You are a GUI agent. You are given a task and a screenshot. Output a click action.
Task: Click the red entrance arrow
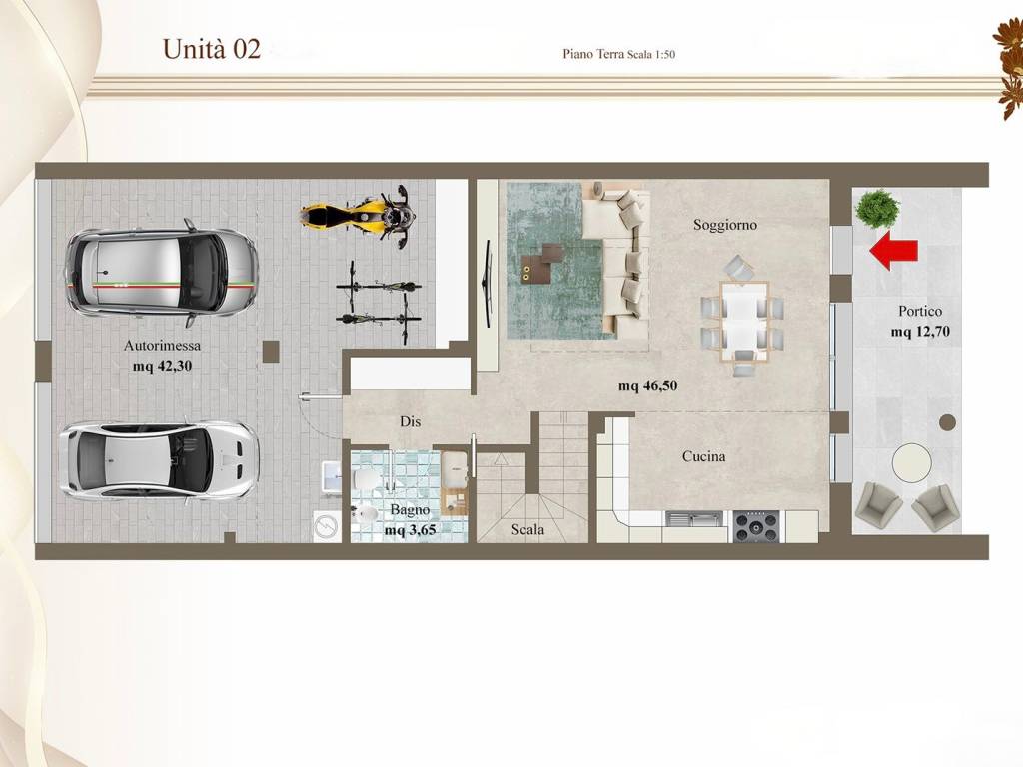point(893,251)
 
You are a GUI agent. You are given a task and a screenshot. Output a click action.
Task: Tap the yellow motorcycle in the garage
point(358,214)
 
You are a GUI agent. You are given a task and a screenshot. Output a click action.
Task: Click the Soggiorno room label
point(725,225)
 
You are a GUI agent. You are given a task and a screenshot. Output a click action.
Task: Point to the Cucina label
point(703,456)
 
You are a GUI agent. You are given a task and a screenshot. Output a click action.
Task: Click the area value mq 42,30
point(163,366)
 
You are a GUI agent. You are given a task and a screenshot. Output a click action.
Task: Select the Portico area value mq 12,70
point(920,332)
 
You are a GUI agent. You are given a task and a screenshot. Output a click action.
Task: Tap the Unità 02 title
point(212,49)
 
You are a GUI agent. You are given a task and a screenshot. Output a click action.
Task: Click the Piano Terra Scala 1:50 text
point(618,54)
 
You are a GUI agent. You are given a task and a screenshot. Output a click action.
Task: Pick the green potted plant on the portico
point(878,209)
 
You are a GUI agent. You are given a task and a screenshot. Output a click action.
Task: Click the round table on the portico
point(911,462)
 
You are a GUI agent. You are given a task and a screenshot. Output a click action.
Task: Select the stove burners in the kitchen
point(756,527)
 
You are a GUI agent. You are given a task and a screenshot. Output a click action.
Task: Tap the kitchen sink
point(694,519)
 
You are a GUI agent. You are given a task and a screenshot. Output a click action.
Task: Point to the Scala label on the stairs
point(527,529)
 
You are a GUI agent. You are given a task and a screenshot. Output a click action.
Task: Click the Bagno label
point(410,510)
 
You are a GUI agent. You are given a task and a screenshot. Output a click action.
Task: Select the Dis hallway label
point(410,422)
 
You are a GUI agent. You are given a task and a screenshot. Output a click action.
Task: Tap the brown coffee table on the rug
point(541,263)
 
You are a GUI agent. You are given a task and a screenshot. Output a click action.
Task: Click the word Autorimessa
point(163,346)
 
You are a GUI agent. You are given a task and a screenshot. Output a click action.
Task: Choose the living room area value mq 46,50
point(647,386)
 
